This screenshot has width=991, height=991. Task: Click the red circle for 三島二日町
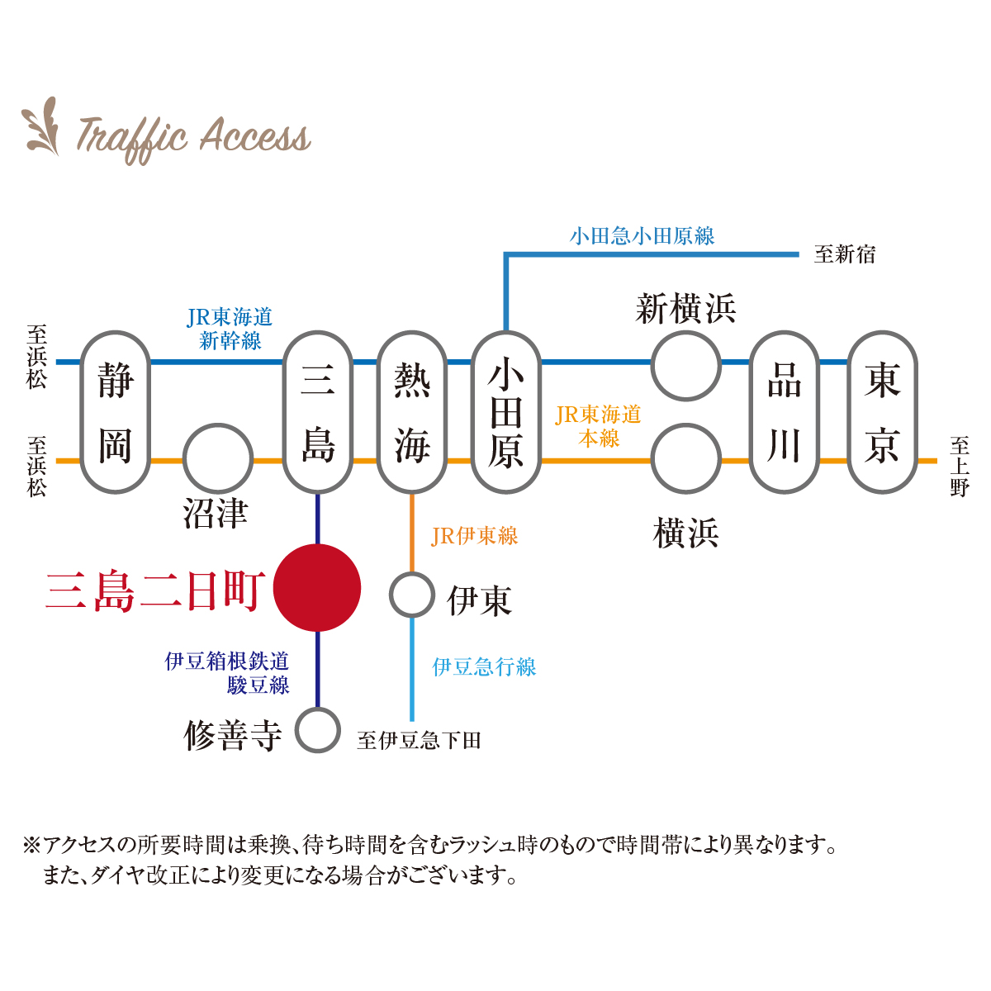317,587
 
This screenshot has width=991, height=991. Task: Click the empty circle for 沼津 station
184,458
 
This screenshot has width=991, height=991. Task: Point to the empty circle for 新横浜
653,366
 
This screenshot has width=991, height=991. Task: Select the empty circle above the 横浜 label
653,458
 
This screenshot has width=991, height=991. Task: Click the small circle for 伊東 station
391,595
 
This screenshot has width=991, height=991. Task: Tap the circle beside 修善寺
296,730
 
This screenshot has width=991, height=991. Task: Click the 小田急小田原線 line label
642,236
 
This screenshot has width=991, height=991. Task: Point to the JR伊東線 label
474,536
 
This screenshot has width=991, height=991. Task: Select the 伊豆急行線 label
484,667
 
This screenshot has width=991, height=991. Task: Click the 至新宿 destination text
844,254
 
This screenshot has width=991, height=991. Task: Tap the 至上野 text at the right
959,467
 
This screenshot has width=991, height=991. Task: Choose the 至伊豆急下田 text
419,741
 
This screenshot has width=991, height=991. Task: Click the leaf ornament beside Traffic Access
41,126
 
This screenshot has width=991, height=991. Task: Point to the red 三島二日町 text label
155,591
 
